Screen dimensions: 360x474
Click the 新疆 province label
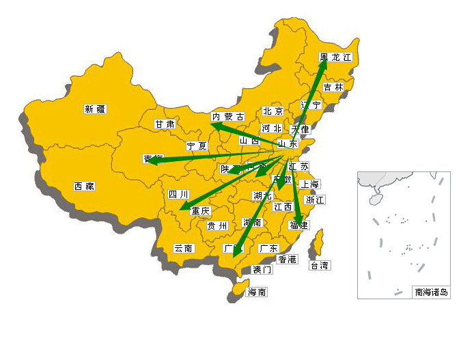[96, 109]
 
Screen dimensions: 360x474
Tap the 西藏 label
[84, 186]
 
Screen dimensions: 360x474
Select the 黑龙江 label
[335, 58]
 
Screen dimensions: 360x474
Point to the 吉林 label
[333, 87]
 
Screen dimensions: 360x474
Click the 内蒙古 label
[227, 117]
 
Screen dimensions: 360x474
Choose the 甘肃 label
[165, 124]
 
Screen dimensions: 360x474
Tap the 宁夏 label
[197, 146]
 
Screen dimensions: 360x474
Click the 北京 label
[273, 111]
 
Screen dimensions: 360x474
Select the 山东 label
[288, 144]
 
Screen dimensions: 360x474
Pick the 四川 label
[178, 195]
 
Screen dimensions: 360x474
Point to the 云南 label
[183, 248]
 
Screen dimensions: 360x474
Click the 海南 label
[257, 292]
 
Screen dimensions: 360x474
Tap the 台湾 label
[319, 265]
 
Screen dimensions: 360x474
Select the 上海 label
[309, 184]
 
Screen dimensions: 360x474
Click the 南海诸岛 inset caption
[432, 292]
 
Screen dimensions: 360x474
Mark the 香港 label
[288, 260]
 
